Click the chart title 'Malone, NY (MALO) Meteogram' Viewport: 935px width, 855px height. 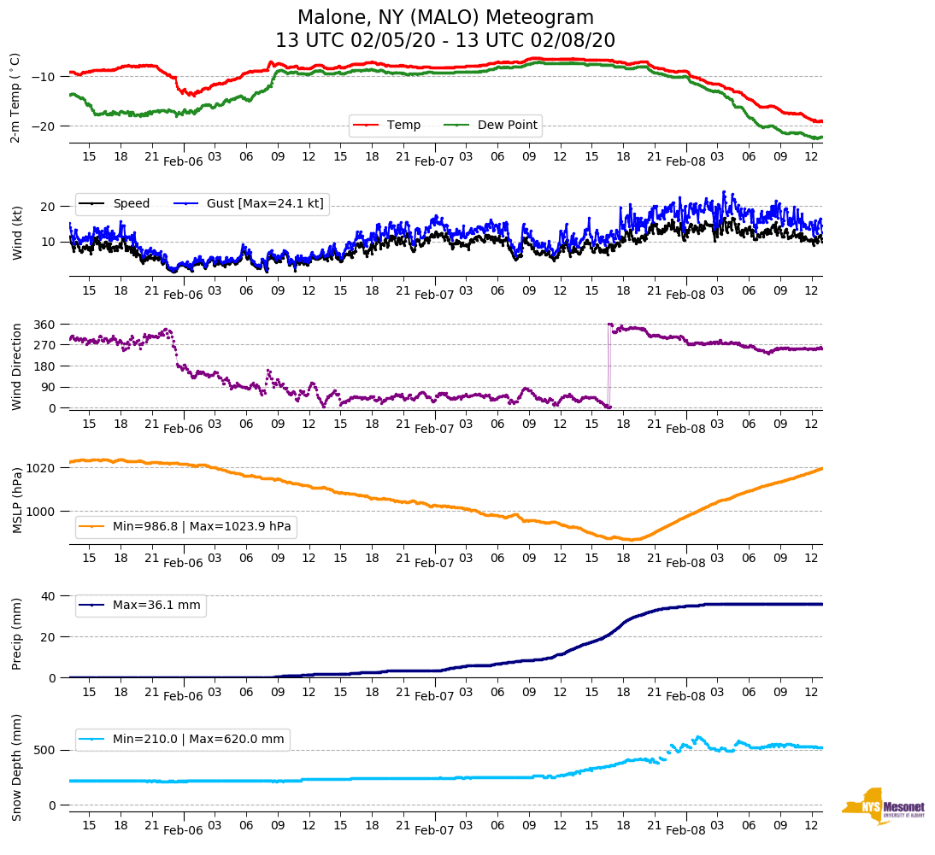445,18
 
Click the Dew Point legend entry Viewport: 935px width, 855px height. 507,126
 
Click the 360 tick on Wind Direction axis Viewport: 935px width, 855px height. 45,325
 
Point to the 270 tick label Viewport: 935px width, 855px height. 45,345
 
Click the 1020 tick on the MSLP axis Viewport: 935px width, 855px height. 42,468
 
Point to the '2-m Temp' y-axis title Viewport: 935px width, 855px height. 15,97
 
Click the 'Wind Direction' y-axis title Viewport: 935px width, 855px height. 16,366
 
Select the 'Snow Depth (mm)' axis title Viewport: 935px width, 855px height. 16,766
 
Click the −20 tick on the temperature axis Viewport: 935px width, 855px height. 43,126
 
